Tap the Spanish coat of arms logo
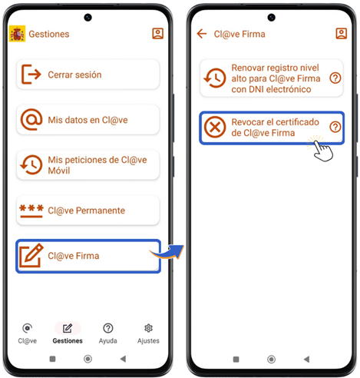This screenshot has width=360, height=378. pos(17,34)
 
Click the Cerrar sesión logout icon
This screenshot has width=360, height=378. pos(31,75)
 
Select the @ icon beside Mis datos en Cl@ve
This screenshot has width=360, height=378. pos(31,120)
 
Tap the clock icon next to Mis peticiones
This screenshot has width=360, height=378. pos(31,164)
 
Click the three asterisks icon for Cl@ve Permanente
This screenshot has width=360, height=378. pos(31,211)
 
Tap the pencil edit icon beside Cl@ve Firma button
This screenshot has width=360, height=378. pos(31,255)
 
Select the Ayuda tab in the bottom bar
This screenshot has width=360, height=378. pos(108,333)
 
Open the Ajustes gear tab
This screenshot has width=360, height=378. pos(148,333)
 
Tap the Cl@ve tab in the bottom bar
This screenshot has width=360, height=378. pos(28,333)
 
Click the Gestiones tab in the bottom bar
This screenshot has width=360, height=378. pos(68,333)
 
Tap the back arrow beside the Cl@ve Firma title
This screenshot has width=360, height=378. pos(202,34)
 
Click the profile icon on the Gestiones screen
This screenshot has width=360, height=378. pos(158,34)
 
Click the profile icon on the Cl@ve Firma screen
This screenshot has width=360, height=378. pos(342,34)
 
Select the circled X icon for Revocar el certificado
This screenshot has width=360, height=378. pos(215,127)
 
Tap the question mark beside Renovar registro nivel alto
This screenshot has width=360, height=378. pos(335,78)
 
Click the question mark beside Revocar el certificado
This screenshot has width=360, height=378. pos(335,127)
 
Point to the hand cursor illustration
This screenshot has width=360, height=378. pos(322,150)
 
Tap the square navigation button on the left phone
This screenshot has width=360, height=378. pos(52,359)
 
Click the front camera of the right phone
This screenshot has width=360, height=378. pos(271,18)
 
